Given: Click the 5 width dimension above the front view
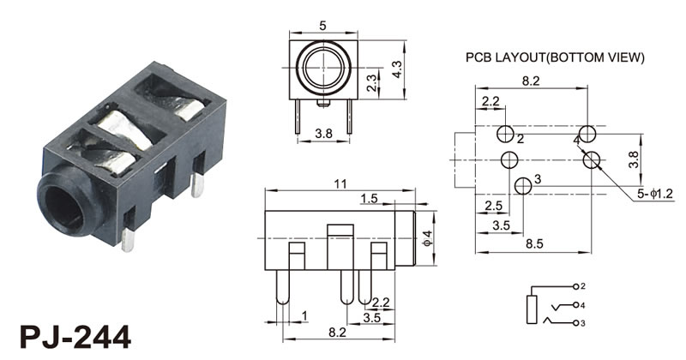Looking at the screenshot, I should pos(323,27).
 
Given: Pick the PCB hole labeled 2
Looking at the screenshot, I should pos(506,135).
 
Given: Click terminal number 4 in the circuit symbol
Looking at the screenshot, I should pos(582,305).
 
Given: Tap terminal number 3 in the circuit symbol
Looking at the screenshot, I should pos(582,323).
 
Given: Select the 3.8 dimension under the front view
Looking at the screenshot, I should pos(322,133).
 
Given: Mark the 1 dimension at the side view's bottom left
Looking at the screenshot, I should pos(303,317).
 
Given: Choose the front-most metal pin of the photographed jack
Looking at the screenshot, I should pos(128,241).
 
